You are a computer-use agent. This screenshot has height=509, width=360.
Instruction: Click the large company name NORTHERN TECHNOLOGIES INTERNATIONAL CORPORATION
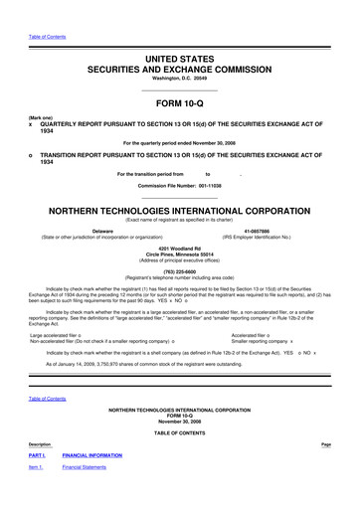(x=180, y=213)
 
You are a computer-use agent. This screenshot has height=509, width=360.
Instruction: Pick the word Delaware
(x=102, y=231)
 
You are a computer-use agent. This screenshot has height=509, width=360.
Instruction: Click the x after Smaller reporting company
(x=291, y=341)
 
